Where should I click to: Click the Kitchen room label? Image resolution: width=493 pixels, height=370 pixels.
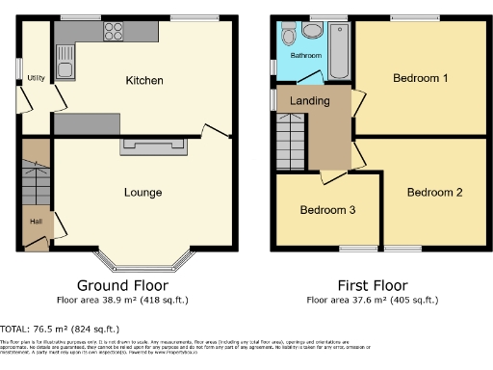pyautogui.click(x=143, y=80)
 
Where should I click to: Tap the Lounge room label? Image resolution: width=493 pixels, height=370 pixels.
pyautogui.click(x=143, y=192)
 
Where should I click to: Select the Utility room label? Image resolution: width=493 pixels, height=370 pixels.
pyautogui.click(x=36, y=78)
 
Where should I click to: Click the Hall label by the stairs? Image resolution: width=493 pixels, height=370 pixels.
pyautogui.click(x=36, y=221)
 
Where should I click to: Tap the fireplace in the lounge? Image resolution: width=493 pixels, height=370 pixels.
pyautogui.click(x=153, y=145)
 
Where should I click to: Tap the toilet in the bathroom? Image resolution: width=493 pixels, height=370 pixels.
pyautogui.click(x=312, y=32)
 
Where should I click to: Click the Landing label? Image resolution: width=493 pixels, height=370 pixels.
pyautogui.click(x=310, y=101)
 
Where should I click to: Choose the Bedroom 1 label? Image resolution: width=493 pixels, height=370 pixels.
pyautogui.click(x=420, y=78)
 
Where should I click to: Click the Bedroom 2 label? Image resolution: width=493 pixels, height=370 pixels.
pyautogui.click(x=434, y=192)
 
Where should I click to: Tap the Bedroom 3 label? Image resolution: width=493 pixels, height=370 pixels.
pyautogui.click(x=327, y=210)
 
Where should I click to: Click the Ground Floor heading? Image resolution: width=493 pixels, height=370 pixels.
pyautogui.click(x=122, y=286)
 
